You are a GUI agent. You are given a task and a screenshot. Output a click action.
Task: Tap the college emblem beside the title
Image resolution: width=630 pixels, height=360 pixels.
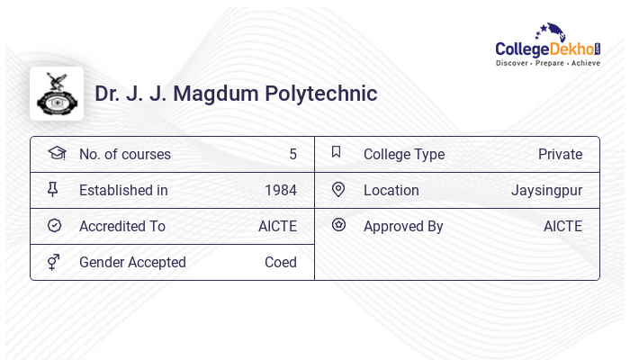pyautogui.click(x=57, y=94)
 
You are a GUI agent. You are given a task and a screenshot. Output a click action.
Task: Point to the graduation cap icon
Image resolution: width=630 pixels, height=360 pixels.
pyautogui.click(x=56, y=153)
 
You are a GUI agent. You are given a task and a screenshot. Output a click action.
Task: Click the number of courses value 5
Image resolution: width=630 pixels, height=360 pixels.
pyautogui.click(x=292, y=154)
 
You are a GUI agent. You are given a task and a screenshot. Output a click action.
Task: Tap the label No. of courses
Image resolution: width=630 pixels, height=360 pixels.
pyautogui.click(x=124, y=154)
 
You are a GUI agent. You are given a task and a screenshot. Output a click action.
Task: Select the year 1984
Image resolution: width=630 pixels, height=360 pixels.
pyautogui.click(x=280, y=190)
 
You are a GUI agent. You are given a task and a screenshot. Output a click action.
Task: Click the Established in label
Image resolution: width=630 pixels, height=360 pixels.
pyautogui.click(x=123, y=190)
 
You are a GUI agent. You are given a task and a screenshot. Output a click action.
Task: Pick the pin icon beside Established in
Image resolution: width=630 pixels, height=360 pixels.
pyautogui.click(x=53, y=189)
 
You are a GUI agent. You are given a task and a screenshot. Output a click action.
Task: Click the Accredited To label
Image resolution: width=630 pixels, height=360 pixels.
pyautogui.click(x=122, y=226)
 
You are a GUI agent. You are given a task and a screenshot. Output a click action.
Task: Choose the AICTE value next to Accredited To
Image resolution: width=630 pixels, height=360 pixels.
pyautogui.click(x=277, y=226)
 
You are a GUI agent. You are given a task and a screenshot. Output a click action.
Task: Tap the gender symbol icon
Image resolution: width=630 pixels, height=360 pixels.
pyautogui.click(x=54, y=262)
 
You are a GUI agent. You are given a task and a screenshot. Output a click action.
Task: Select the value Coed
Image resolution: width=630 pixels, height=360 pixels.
pyautogui.click(x=280, y=262)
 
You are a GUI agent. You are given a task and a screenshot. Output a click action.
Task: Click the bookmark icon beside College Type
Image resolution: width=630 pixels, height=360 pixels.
pyautogui.click(x=337, y=152)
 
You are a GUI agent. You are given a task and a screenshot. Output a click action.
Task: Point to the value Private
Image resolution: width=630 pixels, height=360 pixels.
pyautogui.click(x=560, y=154)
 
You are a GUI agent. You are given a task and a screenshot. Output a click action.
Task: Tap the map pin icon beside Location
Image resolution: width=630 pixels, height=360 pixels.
pyautogui.click(x=338, y=189)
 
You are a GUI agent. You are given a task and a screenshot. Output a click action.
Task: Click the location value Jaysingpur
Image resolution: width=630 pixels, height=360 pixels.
pyautogui.click(x=546, y=190)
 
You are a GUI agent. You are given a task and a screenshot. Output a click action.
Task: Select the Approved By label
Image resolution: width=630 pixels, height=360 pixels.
pyautogui.click(x=403, y=226)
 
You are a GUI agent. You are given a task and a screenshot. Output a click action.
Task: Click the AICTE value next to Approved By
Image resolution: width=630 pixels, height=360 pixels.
pyautogui.click(x=562, y=226)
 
